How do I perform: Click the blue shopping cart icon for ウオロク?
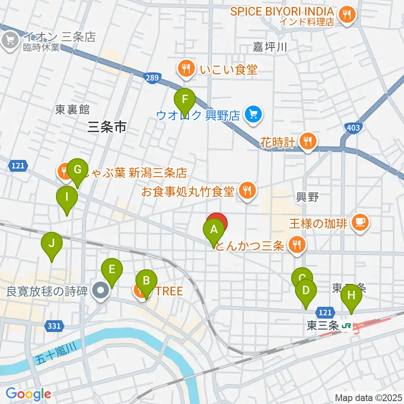tap(253, 114)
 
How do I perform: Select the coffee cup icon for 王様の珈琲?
tap(360, 222)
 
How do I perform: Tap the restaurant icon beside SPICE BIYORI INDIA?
tap(347, 15)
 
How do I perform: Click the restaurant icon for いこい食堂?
tap(186, 69)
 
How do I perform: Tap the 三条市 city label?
tap(107, 127)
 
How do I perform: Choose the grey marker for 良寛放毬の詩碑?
tap(101, 291)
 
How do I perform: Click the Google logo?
tap(28, 394)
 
